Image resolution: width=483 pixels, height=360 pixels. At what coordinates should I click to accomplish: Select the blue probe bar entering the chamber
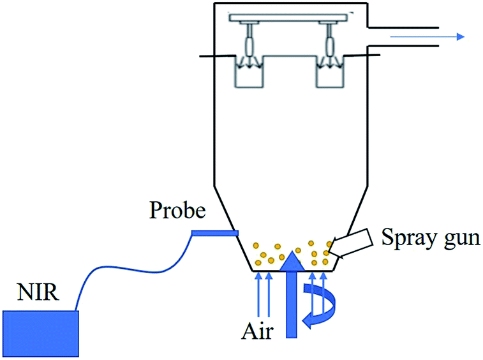click(215, 234)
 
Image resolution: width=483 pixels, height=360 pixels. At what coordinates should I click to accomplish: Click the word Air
click(257, 332)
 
